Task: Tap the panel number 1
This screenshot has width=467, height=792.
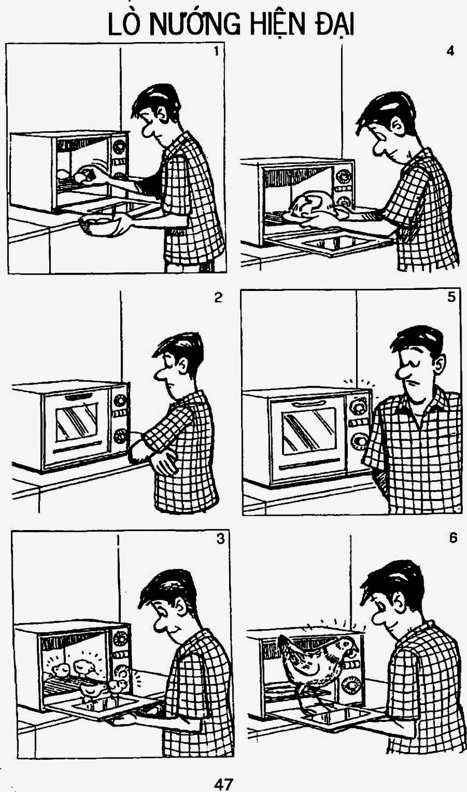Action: (x=216, y=51)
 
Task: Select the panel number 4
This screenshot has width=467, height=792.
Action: (x=450, y=51)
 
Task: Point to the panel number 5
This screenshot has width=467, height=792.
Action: (x=452, y=298)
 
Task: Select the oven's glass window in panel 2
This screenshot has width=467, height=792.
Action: (x=77, y=422)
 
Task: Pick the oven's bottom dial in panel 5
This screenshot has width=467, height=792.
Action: (x=359, y=442)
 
